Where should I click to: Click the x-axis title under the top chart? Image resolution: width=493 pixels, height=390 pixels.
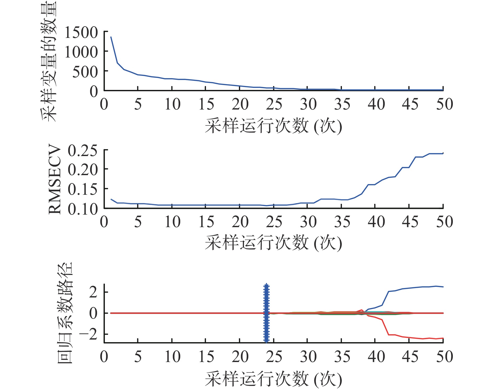click(273, 126)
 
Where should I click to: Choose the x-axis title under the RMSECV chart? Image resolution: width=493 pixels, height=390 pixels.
click(273, 243)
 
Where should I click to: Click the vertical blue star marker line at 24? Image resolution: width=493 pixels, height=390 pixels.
click(266, 313)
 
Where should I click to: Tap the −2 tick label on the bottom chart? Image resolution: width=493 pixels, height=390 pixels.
click(88, 335)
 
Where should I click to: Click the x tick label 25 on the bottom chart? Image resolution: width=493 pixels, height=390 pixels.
click(274, 357)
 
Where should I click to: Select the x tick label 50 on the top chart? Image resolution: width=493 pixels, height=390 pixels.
click(444, 104)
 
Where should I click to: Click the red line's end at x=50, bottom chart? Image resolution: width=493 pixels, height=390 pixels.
click(443, 338)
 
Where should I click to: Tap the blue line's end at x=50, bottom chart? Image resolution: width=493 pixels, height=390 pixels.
click(443, 287)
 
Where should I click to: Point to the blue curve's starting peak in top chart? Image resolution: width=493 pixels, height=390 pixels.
click(111, 37)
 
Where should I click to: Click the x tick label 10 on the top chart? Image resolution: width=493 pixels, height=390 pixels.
click(172, 104)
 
